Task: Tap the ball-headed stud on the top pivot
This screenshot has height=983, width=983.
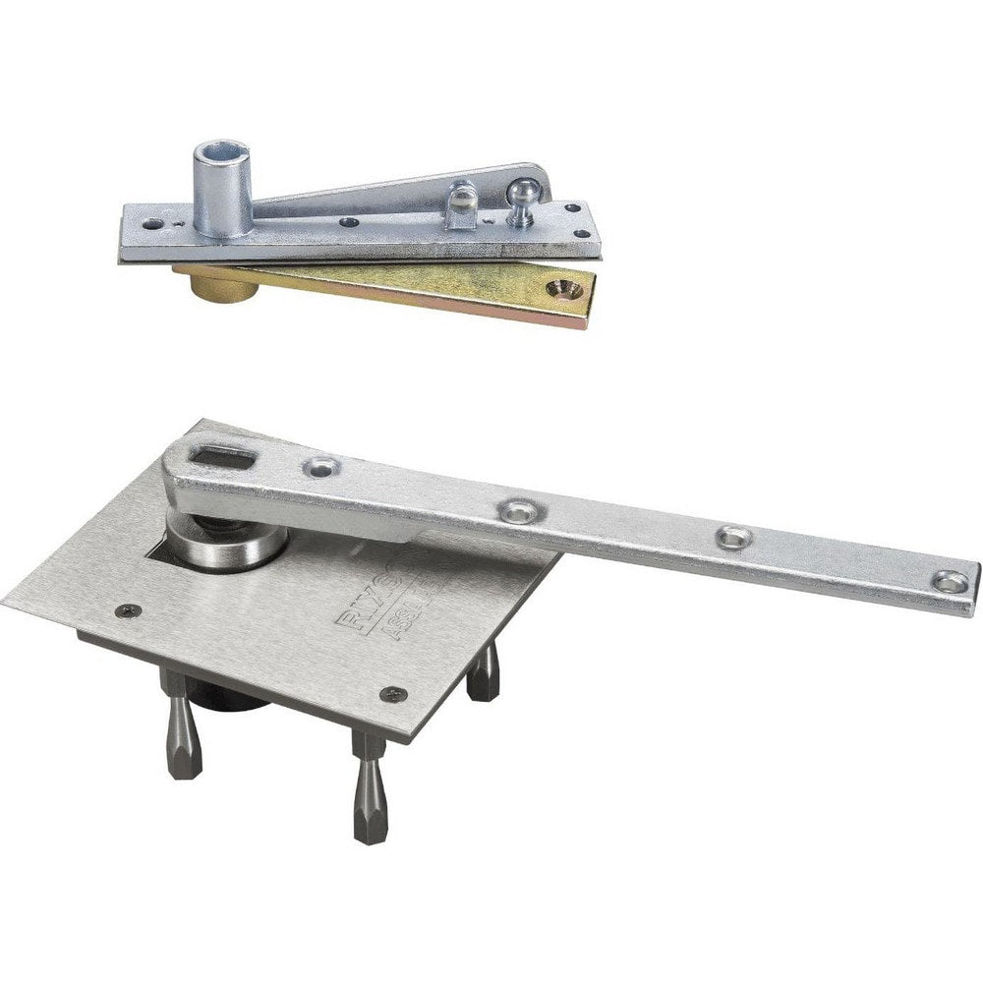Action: coord(523,195)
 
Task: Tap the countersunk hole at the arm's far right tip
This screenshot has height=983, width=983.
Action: coord(950,581)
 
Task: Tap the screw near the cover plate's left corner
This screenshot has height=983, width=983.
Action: coord(122,610)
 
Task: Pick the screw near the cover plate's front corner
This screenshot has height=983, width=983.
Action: coord(393,694)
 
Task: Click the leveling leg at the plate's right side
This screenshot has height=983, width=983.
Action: coord(484,675)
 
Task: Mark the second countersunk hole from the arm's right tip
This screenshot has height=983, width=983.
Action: coord(732,537)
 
